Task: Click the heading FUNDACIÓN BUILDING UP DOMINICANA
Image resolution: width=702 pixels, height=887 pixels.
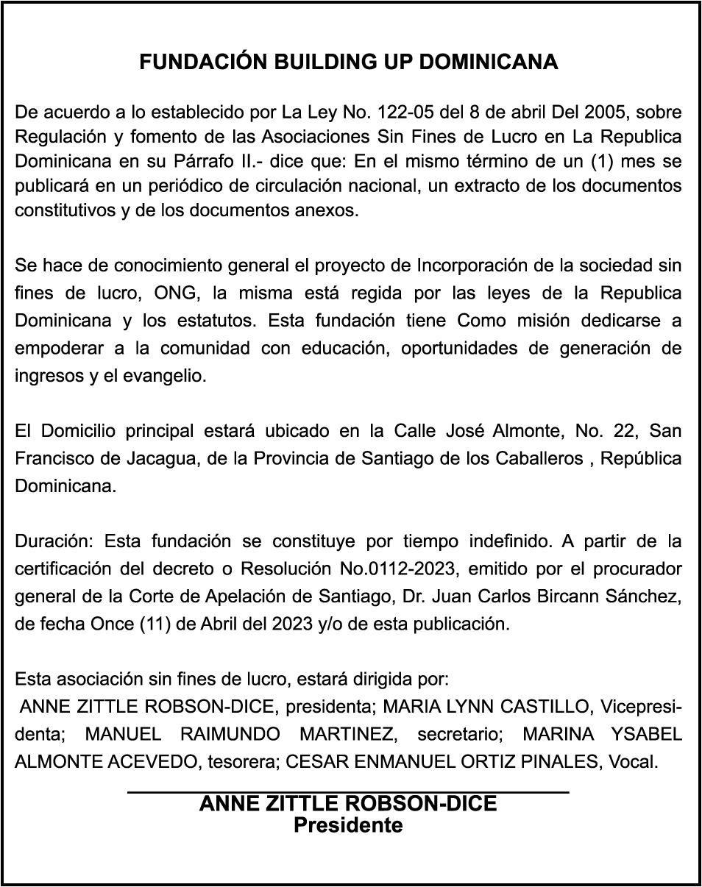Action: click(x=348, y=63)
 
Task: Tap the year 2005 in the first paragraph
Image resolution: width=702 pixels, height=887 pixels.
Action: click(x=606, y=113)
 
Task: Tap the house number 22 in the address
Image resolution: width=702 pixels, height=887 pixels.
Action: click(x=622, y=430)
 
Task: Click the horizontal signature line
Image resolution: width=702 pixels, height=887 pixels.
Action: click(x=348, y=791)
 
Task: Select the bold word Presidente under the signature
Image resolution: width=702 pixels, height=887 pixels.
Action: click(x=348, y=825)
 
